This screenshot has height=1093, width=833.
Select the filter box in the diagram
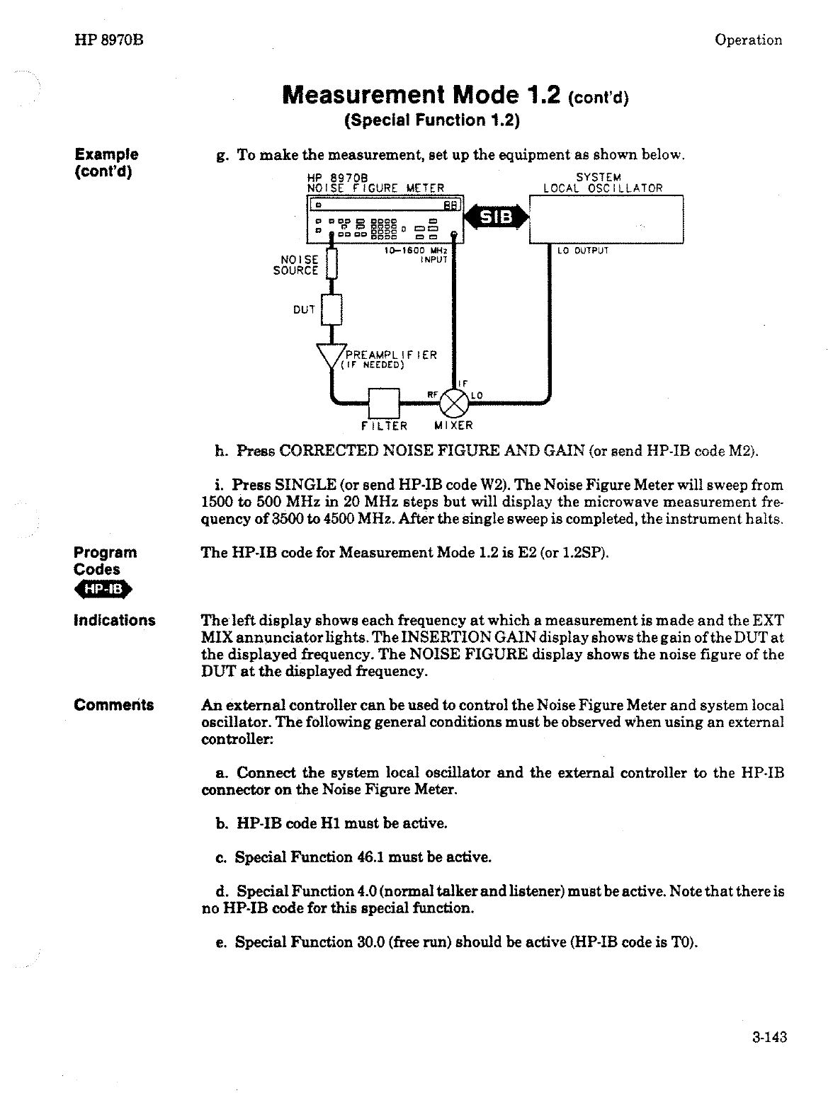(x=385, y=403)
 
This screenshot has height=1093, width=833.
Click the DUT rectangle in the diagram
(x=331, y=309)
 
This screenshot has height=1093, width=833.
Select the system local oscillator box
(x=606, y=219)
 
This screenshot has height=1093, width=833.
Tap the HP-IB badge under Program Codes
(x=103, y=590)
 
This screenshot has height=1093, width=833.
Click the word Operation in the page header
(x=748, y=40)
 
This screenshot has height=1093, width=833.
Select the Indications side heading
(x=115, y=621)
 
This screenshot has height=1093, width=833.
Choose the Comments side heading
(x=114, y=705)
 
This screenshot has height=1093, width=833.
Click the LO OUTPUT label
(x=583, y=250)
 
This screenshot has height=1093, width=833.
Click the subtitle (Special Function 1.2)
(x=432, y=120)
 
